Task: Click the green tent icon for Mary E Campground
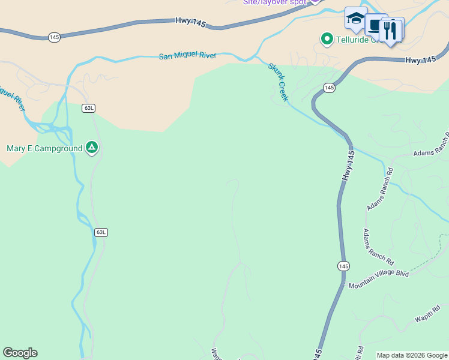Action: coord(91,147)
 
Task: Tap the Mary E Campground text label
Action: coord(44,148)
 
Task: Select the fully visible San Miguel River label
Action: coord(187,56)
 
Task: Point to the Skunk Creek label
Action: coord(279,82)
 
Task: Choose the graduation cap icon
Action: coord(356,19)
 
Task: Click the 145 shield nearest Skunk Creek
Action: coord(329,88)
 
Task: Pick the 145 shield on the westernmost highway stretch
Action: coord(55,37)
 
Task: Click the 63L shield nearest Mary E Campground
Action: coord(89,108)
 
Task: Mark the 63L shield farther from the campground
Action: coord(101,232)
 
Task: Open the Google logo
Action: coord(20,353)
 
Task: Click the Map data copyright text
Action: coord(412,355)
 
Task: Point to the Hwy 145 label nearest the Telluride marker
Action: coord(420,60)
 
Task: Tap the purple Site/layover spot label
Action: coord(274,2)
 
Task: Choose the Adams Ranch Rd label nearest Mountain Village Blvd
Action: coord(378,247)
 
